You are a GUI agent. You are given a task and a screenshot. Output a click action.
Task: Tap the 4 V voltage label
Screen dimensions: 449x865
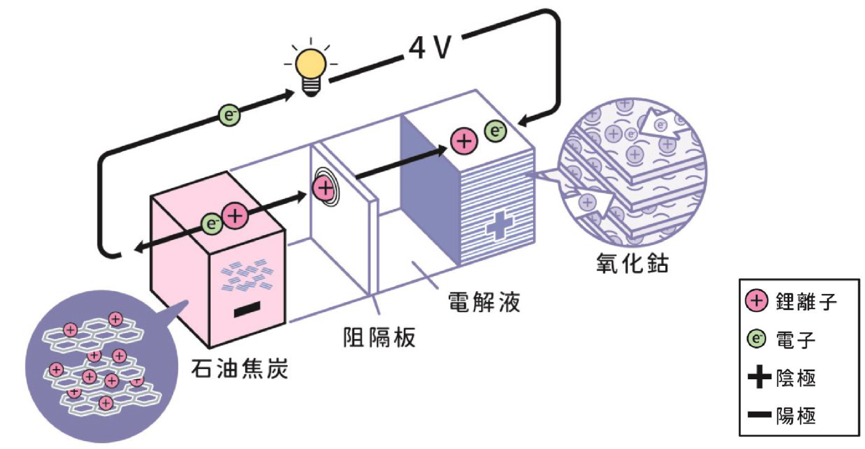tap(430, 48)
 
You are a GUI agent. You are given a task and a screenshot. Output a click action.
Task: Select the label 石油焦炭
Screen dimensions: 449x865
tap(239, 369)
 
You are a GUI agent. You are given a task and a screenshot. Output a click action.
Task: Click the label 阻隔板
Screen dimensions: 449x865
tap(380, 338)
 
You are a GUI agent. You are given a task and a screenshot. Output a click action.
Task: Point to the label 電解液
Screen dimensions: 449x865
tap(484, 302)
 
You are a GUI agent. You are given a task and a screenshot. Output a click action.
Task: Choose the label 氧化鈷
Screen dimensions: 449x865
tap(632, 263)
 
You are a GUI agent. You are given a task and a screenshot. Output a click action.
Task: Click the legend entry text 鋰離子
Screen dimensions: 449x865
tap(806, 301)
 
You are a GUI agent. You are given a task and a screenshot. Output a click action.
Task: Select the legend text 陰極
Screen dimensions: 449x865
tap(796, 378)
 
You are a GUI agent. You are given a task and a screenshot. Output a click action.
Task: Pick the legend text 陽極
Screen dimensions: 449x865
tap(796, 416)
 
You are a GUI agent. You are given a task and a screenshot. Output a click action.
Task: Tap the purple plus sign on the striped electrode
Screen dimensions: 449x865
tap(499, 225)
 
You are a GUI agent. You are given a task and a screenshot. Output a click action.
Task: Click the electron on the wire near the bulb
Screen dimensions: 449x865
tap(229, 115)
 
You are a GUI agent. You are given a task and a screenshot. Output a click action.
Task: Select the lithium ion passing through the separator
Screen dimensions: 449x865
tap(324, 188)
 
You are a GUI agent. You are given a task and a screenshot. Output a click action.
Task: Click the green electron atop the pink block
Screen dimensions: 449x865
tap(211, 224)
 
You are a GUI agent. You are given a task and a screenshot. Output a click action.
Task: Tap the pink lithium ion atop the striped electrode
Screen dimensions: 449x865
tap(464, 142)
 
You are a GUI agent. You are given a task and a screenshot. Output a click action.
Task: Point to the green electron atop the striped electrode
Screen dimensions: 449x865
tap(495, 131)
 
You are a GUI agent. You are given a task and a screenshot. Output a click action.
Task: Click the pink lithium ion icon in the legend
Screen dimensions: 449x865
tap(756, 301)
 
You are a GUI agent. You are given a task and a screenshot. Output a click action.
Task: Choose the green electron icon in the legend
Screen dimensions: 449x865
tap(756, 339)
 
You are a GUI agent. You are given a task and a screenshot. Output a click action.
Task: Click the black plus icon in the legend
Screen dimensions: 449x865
tap(759, 377)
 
